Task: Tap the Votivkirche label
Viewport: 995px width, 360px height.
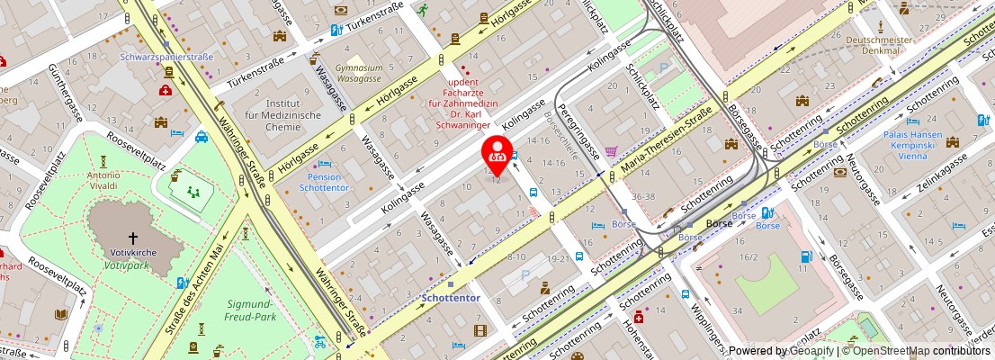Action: [133, 253]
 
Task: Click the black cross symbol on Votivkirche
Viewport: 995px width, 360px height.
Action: [133, 238]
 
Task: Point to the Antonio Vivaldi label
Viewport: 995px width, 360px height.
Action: [103, 180]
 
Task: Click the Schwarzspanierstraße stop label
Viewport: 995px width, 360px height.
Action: [166, 57]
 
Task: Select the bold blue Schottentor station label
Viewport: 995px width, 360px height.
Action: [451, 297]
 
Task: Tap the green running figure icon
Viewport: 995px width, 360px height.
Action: [423, 9]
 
